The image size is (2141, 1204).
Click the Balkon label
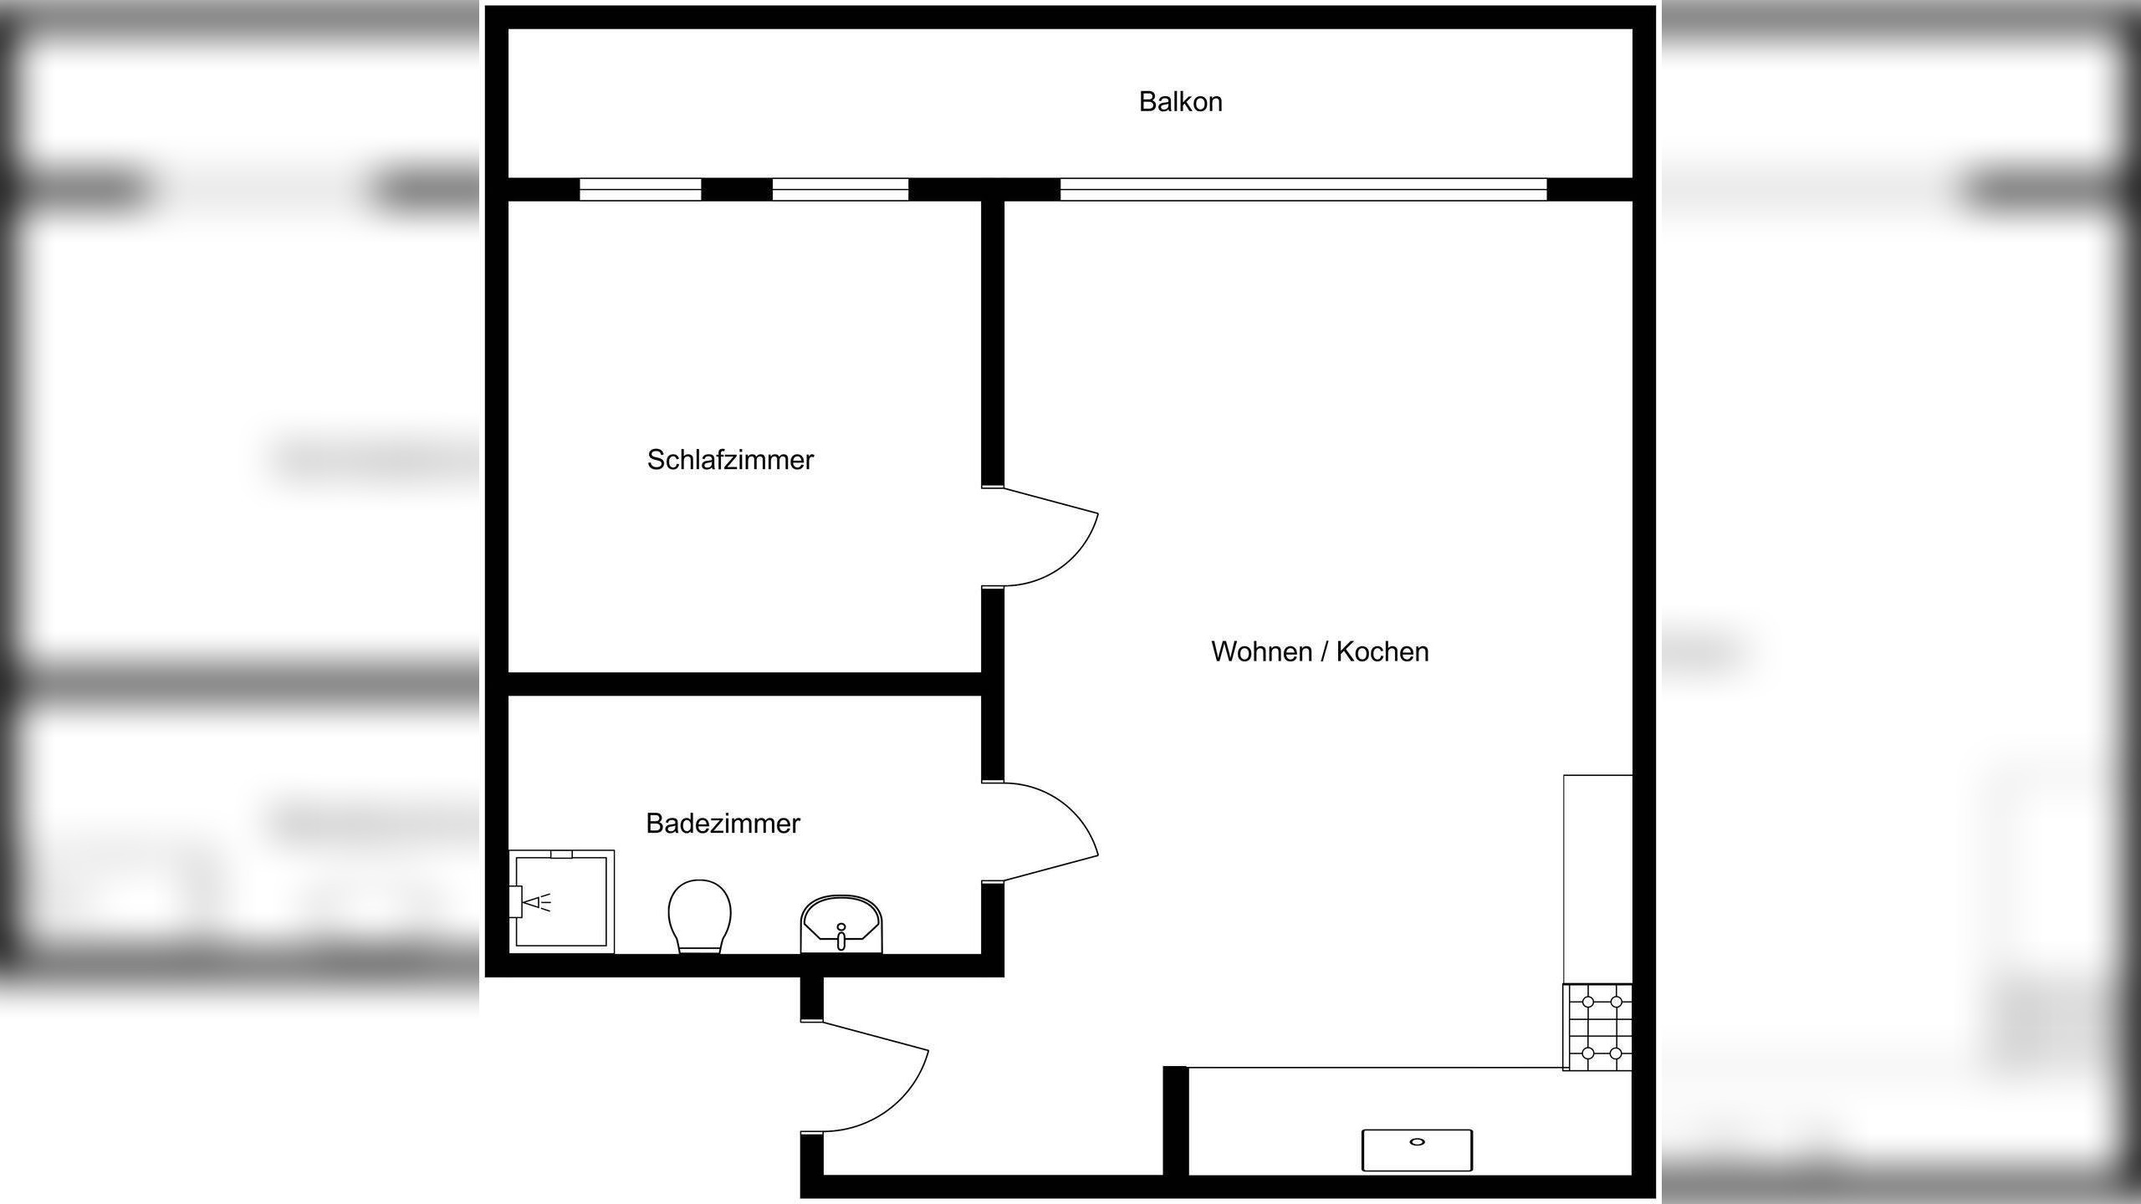tap(1180, 102)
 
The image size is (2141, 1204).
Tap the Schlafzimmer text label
tap(730, 460)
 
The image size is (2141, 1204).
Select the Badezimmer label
tap(723, 824)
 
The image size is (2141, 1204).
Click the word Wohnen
tap(1261, 652)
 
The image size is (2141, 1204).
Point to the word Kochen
tap(1382, 652)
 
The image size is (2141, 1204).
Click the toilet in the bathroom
tap(699, 915)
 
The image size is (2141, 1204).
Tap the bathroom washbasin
tap(841, 924)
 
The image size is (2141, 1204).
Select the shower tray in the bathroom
tap(562, 901)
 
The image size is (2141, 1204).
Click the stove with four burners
tap(1597, 1028)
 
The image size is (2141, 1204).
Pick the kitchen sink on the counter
tap(1417, 1150)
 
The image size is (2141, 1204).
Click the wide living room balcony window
tap(1303, 190)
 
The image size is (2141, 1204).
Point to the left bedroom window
tap(641, 190)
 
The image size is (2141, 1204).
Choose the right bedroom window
tap(840, 190)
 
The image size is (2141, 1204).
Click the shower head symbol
tap(535, 902)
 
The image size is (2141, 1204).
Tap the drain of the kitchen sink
tap(1417, 1141)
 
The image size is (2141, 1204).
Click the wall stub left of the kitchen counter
tap(1175, 1120)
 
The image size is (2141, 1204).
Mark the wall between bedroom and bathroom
tap(744, 684)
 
